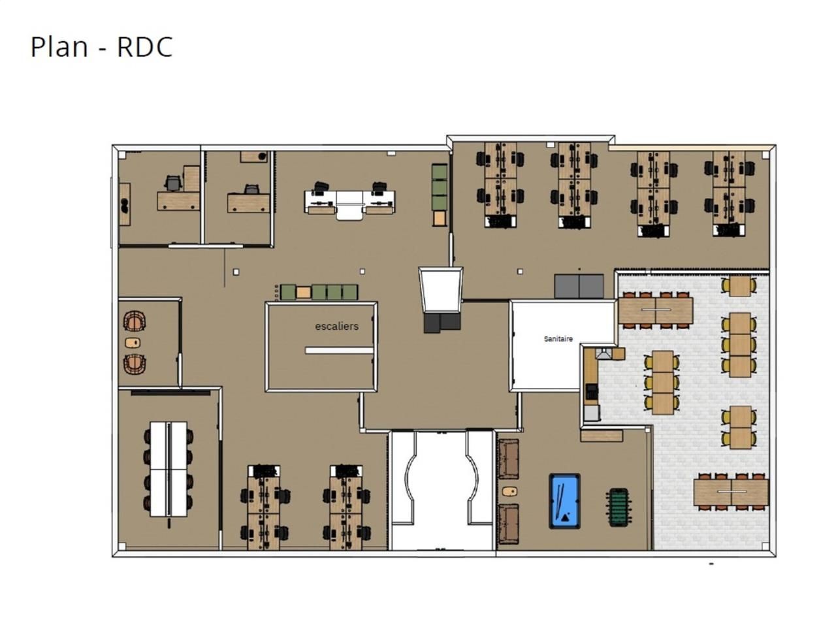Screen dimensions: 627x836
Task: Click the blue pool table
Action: point(564,501)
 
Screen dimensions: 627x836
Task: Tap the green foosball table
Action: point(618,507)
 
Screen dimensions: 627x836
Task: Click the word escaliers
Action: point(336,326)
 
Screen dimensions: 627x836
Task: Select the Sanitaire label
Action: point(558,339)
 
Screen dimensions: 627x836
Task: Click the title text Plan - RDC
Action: point(102,47)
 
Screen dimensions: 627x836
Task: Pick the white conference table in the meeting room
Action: point(169,468)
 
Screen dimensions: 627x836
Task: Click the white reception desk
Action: point(349,202)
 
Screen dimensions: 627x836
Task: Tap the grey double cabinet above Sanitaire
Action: point(579,286)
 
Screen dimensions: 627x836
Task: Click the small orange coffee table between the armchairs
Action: point(133,343)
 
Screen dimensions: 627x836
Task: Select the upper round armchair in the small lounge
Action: point(135,321)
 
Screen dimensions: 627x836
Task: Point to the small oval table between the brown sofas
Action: point(509,490)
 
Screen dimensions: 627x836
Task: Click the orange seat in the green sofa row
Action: point(303,292)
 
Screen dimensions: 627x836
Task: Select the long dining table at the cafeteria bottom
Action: point(731,490)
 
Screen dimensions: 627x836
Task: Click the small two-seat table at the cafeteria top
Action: point(739,286)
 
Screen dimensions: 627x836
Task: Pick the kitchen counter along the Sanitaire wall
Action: point(590,385)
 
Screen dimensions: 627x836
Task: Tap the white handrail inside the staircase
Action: point(338,351)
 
